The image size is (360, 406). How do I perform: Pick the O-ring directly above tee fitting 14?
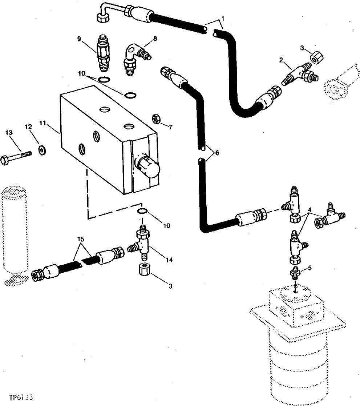click(x=142, y=212)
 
